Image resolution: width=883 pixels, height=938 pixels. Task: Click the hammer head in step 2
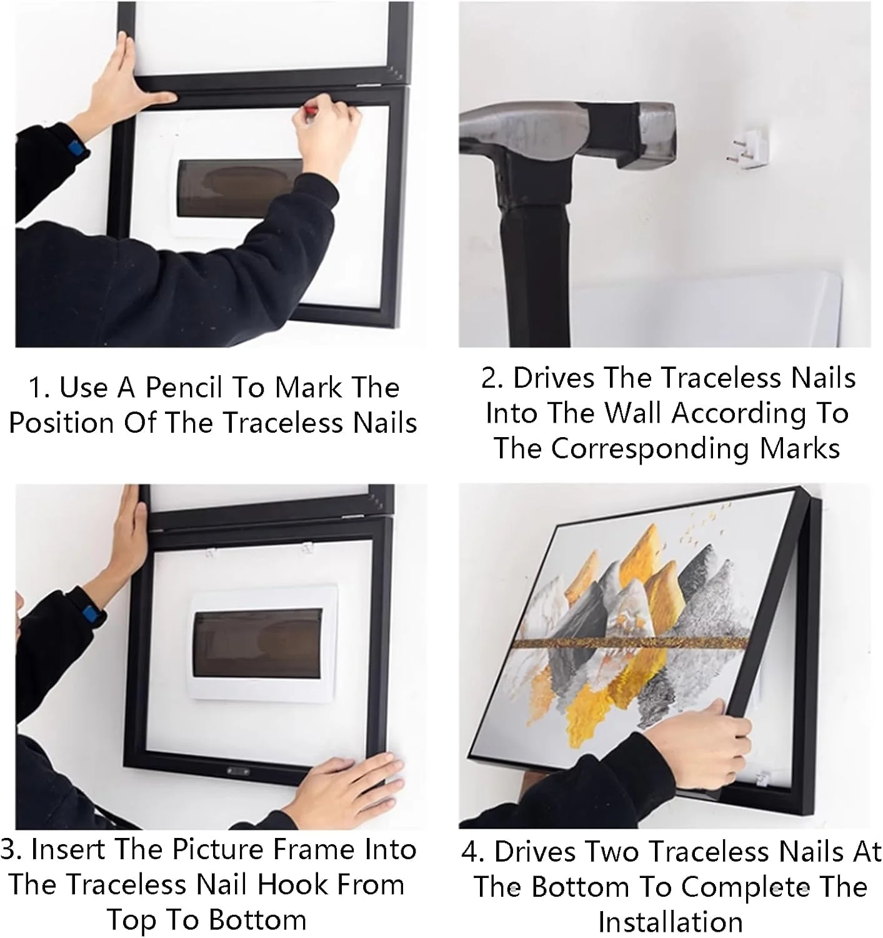(x=567, y=136)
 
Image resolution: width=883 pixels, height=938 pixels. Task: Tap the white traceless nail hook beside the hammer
(x=747, y=144)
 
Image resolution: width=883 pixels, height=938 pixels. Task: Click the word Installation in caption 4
(x=670, y=922)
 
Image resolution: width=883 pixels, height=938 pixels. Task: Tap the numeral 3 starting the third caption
(x=9, y=850)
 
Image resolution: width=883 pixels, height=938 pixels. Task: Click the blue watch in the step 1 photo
(x=77, y=148)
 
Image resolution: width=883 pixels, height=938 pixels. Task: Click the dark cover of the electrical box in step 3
(x=258, y=644)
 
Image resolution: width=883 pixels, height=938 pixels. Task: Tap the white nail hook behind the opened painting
(x=762, y=779)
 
